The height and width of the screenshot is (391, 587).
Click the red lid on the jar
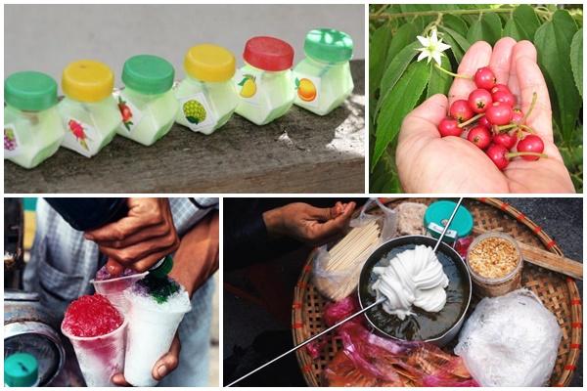(x=268, y=53)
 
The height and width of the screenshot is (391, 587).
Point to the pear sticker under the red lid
(x=248, y=87)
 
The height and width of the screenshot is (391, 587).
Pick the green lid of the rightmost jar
(x=328, y=45)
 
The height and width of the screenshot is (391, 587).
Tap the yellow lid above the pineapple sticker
(x=209, y=63)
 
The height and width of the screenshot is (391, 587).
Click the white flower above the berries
(x=431, y=47)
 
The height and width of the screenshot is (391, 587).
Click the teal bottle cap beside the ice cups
(x=21, y=369)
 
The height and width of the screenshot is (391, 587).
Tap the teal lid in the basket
(x=448, y=219)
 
